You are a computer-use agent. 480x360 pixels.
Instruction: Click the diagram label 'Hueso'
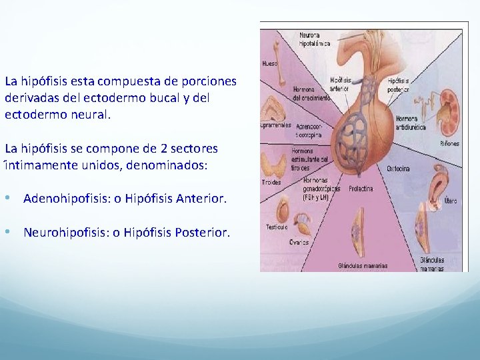(x=270, y=64)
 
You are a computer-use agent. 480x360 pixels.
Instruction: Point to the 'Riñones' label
(x=449, y=143)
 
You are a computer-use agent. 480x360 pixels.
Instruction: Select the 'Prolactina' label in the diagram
(x=359, y=189)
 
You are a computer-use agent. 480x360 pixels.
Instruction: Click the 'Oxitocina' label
(x=398, y=169)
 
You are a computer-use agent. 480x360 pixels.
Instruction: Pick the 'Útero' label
(x=450, y=200)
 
